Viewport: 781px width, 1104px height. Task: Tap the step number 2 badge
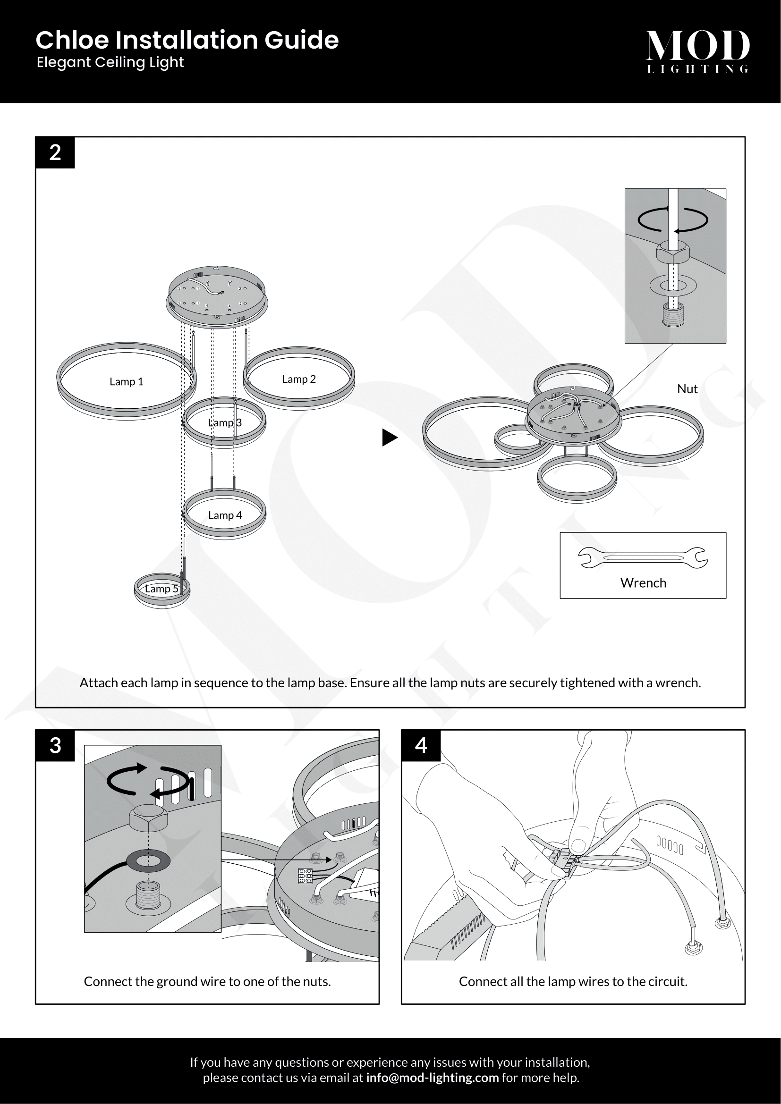(x=55, y=152)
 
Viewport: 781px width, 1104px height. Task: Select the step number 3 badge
(x=55, y=746)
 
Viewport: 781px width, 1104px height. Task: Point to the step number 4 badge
(x=421, y=746)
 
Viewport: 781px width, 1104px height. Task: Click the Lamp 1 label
(x=127, y=382)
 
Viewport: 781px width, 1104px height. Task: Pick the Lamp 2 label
(x=298, y=379)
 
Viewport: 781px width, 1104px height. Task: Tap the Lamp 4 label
(x=225, y=515)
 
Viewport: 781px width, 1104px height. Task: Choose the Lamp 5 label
(x=161, y=589)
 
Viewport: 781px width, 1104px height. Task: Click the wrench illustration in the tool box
(x=643, y=558)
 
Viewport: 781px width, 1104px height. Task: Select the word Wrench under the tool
(x=643, y=583)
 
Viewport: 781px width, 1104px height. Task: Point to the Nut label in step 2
(x=687, y=389)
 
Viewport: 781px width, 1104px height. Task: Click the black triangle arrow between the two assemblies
(x=390, y=438)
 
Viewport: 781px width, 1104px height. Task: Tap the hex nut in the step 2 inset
(x=673, y=251)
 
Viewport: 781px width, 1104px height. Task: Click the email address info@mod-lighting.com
(x=432, y=1078)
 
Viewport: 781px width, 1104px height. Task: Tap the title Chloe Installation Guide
(x=187, y=40)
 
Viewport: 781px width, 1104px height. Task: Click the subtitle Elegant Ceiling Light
(x=110, y=62)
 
